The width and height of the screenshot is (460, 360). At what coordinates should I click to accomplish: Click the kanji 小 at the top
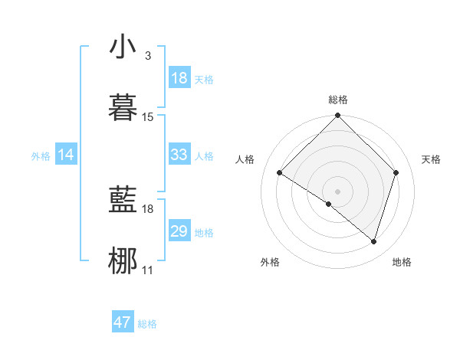tap(123, 47)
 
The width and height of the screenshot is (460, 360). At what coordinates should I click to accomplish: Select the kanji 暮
tap(123, 108)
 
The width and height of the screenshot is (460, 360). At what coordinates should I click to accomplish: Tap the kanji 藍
tap(123, 201)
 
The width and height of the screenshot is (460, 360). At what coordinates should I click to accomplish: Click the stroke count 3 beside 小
tap(147, 55)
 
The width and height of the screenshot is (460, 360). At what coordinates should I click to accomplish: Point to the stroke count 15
tap(148, 116)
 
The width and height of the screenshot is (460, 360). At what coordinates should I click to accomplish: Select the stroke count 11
tap(148, 270)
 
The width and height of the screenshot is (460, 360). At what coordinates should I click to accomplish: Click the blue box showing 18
tap(179, 78)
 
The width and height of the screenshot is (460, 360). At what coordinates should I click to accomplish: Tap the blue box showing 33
tap(179, 155)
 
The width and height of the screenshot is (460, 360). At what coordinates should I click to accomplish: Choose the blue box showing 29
tap(179, 231)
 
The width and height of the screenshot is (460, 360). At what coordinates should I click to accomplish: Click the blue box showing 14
tap(66, 155)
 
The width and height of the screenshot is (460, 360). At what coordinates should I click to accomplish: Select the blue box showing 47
tap(123, 322)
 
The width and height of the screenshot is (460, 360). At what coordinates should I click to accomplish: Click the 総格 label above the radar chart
tap(338, 100)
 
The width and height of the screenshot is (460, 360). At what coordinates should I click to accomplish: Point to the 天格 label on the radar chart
tap(432, 159)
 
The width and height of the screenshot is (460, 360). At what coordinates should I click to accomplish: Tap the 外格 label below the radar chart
tap(270, 262)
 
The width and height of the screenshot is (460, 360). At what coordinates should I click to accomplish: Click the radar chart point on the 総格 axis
tap(338, 116)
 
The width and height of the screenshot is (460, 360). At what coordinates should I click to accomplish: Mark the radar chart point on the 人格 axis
tap(280, 173)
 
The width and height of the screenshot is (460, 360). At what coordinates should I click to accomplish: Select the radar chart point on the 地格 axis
tap(373, 241)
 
